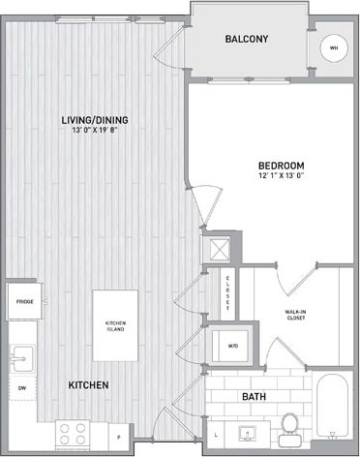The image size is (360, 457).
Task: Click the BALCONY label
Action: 246,40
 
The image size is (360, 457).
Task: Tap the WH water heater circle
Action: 334,47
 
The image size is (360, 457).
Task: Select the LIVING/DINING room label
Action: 95,120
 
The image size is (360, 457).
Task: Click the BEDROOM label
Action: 281,166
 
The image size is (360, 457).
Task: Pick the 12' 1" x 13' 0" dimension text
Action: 281,177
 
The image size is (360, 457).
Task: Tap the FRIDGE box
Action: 24,302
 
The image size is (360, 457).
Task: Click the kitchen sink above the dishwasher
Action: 23,354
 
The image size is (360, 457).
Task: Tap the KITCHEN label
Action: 88,385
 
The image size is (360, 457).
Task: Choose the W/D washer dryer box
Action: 233,344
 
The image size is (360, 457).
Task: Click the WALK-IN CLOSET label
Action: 297,315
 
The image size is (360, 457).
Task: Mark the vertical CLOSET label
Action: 227,292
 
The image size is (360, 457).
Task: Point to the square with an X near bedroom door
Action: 219,248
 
